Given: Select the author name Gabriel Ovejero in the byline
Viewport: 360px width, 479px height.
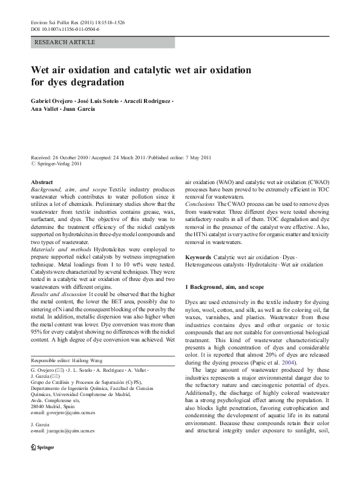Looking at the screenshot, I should (56, 99).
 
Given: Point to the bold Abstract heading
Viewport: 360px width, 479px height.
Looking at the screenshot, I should (42, 182).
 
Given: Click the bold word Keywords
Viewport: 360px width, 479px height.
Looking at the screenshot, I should (198, 257).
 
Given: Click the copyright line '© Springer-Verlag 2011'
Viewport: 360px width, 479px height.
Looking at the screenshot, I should (59, 164).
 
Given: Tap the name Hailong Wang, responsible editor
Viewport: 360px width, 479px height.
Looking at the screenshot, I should (87, 359).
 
